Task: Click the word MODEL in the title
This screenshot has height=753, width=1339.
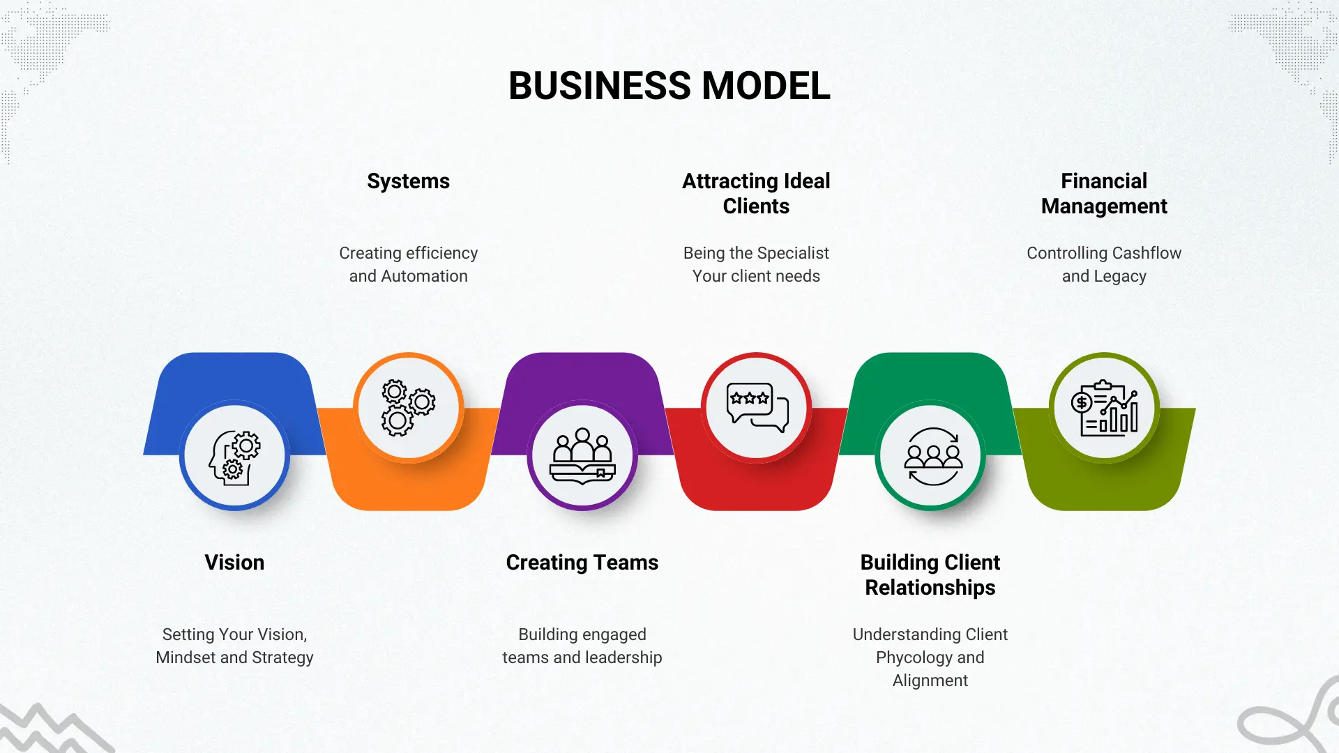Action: point(766,86)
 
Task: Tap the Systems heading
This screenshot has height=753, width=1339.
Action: point(408,181)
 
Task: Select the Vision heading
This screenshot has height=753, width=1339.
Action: point(234,563)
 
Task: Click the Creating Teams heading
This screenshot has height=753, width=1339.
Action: point(582,563)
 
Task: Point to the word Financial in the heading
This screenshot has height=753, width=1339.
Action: point(1103,181)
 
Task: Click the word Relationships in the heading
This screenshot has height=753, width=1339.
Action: point(930,588)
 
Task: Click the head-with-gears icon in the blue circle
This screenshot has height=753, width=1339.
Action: point(234,456)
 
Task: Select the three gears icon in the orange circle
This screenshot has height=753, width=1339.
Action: point(408,408)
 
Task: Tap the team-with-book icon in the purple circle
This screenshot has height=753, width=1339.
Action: point(582,456)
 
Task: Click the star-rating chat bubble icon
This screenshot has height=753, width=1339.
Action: point(757,407)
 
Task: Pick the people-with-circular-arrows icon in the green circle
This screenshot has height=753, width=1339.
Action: point(932,456)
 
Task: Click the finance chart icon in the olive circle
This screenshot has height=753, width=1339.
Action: point(1104,408)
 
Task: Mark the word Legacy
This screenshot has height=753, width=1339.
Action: point(1120,277)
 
